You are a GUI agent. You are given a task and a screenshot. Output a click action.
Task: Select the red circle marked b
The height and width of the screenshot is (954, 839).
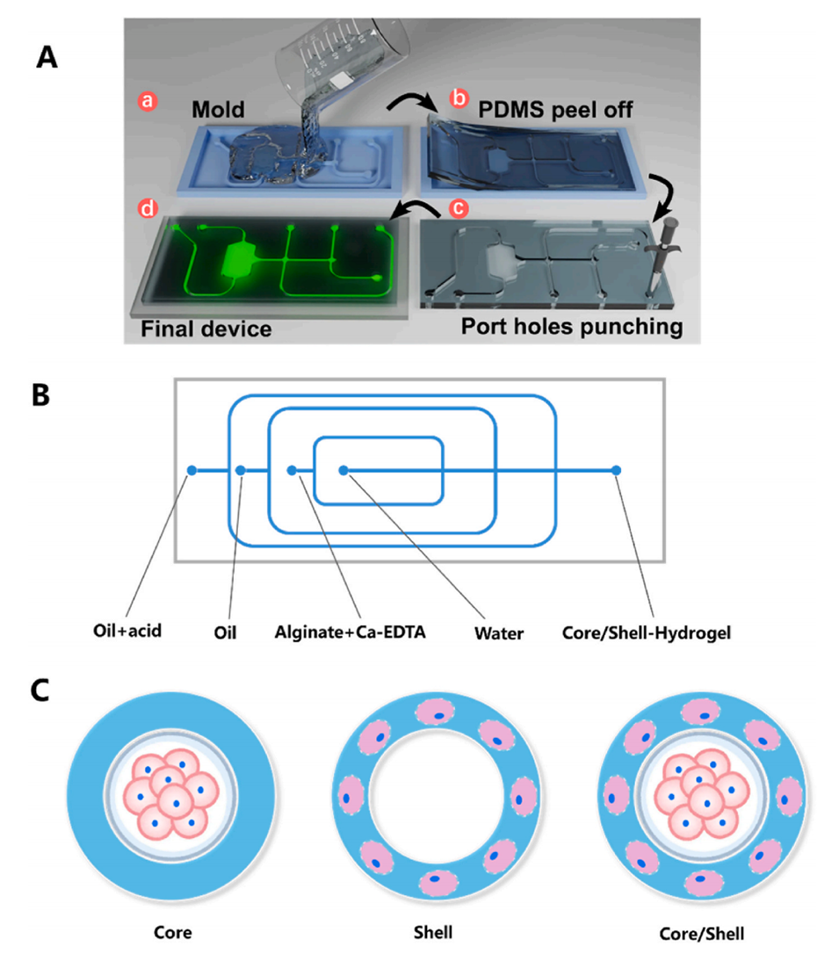pyautogui.click(x=459, y=99)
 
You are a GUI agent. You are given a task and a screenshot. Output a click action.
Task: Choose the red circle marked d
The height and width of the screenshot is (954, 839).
pyautogui.click(x=146, y=210)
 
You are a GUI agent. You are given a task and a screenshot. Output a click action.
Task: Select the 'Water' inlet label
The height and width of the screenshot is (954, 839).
pyautogui.click(x=496, y=630)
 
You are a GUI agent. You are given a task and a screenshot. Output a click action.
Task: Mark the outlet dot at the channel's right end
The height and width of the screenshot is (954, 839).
pyautogui.click(x=617, y=471)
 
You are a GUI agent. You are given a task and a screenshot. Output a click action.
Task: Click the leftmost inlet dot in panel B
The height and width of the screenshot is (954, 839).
pyautogui.click(x=192, y=471)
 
